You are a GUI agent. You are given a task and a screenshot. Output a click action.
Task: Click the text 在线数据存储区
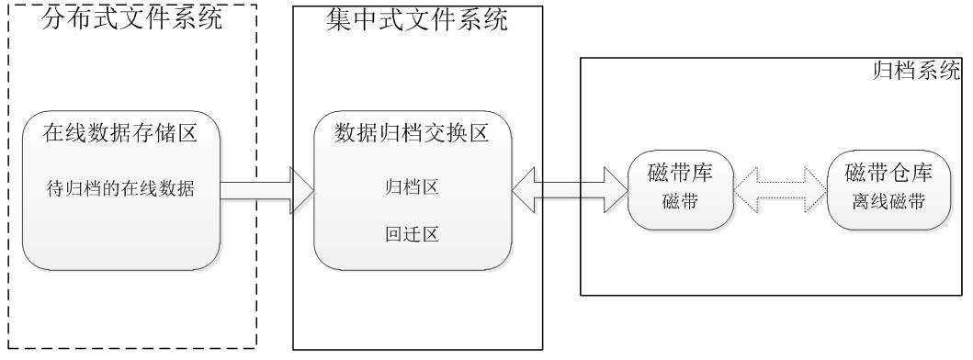coord(120,134)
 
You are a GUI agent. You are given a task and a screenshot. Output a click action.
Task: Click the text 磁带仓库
coord(888,172)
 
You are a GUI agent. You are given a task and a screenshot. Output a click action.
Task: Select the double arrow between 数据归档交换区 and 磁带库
coord(570,190)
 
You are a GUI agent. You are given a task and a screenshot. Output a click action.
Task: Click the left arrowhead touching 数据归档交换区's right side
coord(526,190)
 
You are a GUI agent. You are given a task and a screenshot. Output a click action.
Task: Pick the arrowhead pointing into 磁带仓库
coord(812,191)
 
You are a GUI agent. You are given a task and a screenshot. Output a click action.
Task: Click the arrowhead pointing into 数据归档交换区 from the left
coord(300,190)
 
